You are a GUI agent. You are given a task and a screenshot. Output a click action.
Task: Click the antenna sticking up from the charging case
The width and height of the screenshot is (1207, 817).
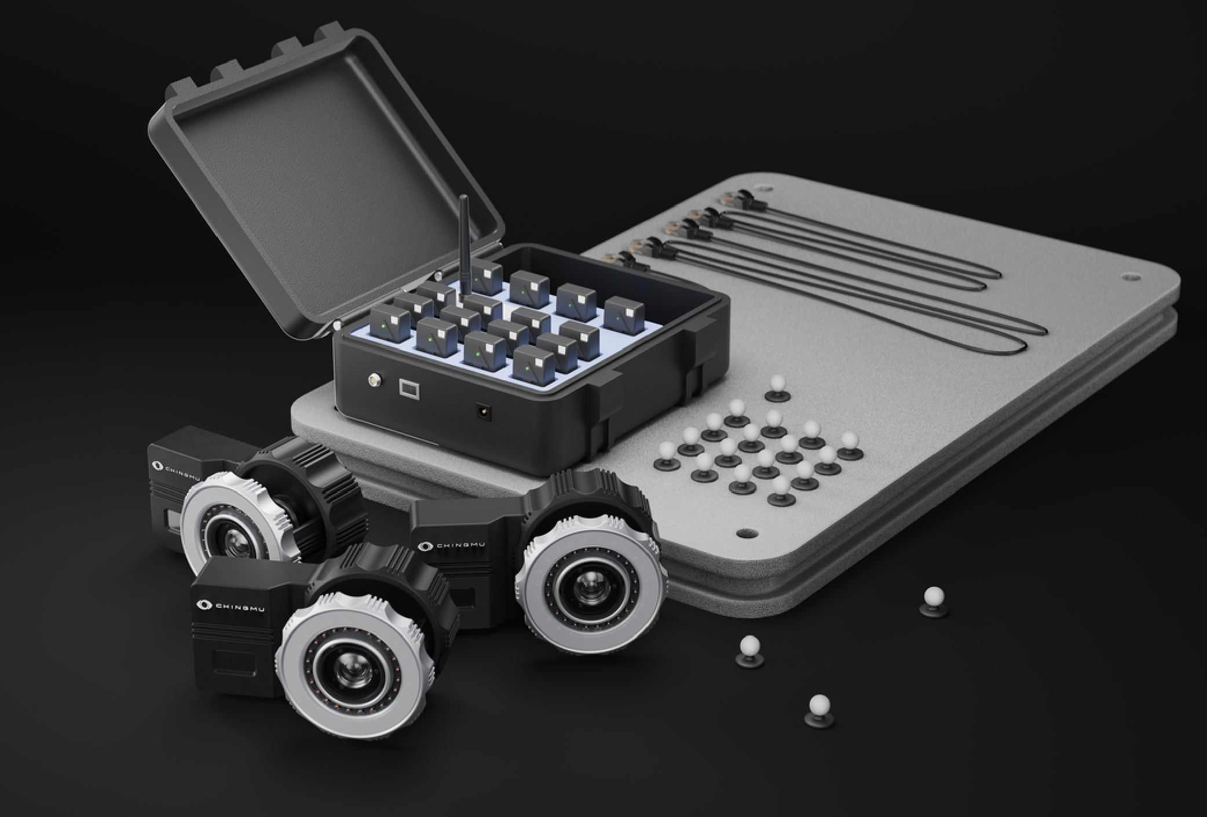pos(464,246)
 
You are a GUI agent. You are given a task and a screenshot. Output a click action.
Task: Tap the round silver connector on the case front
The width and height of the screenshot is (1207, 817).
pos(374,380)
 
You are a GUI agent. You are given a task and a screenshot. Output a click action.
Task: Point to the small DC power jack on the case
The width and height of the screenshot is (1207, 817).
pos(481,411)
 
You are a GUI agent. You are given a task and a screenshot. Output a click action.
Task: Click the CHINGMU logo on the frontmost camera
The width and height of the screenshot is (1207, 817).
pos(231,606)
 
